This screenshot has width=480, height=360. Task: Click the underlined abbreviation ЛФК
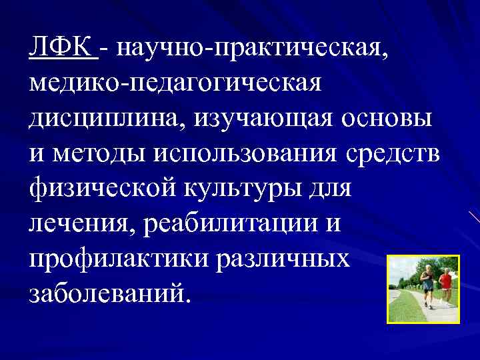61,47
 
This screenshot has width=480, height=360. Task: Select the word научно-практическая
247,48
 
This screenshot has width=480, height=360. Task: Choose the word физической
103,189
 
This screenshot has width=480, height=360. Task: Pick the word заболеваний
109,293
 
